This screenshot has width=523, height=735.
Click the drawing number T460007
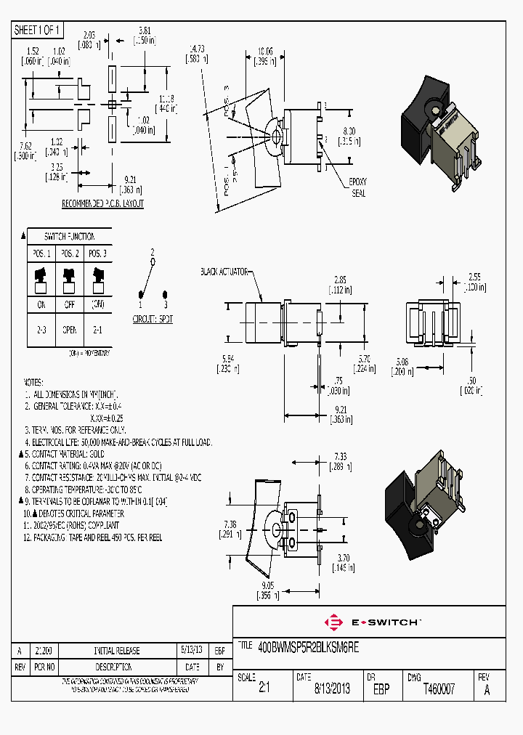click(439, 689)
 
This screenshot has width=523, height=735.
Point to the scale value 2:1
click(264, 689)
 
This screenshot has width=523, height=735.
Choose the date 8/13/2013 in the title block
click(332, 689)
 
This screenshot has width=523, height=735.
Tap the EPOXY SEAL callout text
click(359, 187)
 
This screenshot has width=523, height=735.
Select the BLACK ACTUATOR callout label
click(224, 271)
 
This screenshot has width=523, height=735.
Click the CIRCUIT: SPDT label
click(153, 319)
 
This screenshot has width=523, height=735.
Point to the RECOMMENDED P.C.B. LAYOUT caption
click(102, 205)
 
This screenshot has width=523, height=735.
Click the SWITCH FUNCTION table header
click(69, 237)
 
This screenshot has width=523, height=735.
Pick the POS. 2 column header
click(69, 253)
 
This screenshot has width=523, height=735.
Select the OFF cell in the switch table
click(69, 305)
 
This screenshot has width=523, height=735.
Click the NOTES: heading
click(33, 382)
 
